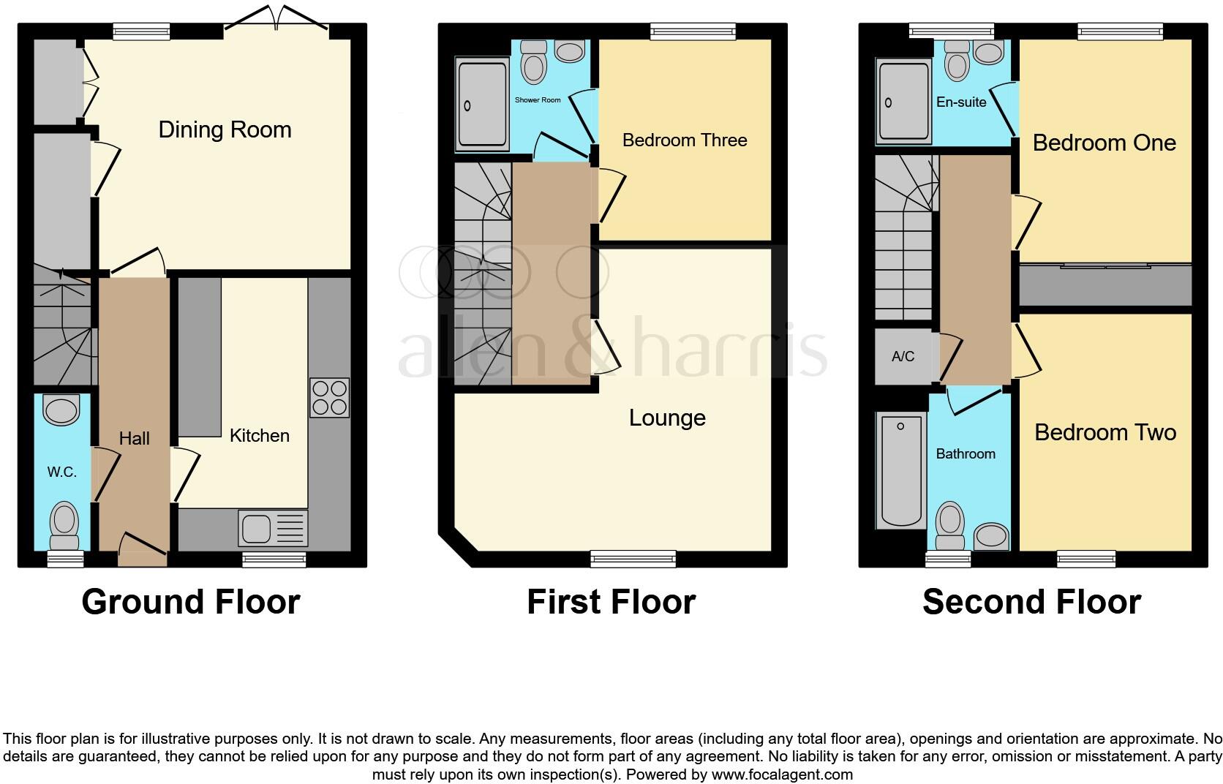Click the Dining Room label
pos(225,129)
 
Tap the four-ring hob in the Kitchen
pos(329,398)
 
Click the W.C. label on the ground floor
pos(62,472)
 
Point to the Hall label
pos(134,438)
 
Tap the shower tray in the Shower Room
pos(481,107)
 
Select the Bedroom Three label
pos(685,140)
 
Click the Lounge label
pos(667,418)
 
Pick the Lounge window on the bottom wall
pos(633,559)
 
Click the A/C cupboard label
pos(903,356)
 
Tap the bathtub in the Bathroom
pos(900,471)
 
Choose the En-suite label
pos(961,102)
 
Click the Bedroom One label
pos(1104,143)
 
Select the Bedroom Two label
pos(1105,432)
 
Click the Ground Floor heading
pos(191,602)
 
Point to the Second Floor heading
pos(1031,602)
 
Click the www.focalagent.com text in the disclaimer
pos(782,774)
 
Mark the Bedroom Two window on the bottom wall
pos(1086,559)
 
